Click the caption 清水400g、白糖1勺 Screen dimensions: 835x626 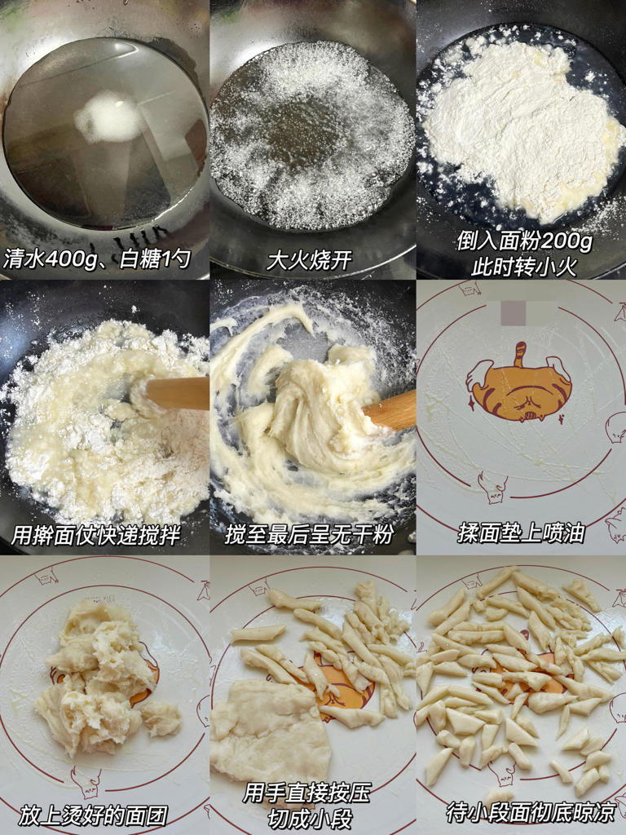tap(98, 260)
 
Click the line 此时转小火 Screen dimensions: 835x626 tap(522, 266)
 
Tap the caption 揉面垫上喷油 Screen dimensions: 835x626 tap(522, 535)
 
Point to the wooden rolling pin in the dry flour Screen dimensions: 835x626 tap(175, 393)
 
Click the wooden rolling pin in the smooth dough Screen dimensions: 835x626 tap(391, 410)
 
